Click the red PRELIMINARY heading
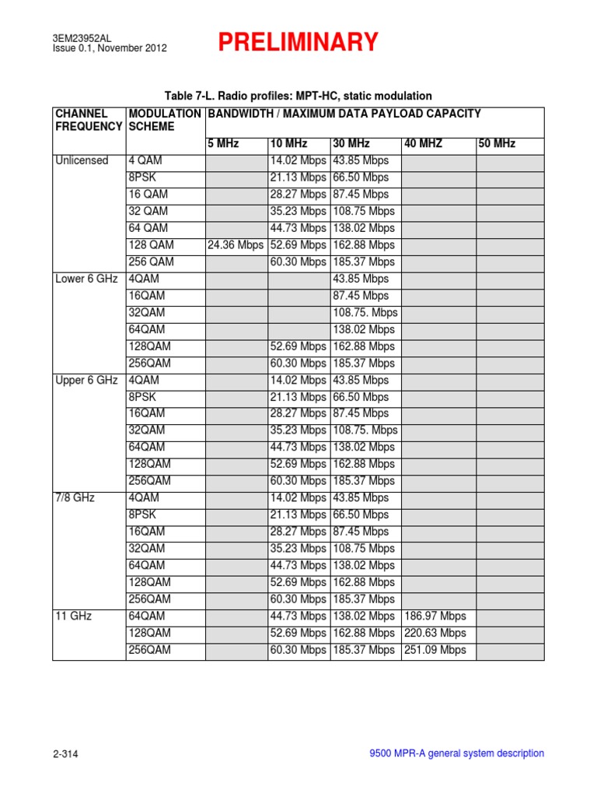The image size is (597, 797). (x=298, y=42)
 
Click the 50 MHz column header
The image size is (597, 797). (x=497, y=144)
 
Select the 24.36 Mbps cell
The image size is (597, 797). (x=236, y=245)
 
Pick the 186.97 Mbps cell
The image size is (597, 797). (x=435, y=616)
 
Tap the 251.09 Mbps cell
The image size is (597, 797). (x=435, y=650)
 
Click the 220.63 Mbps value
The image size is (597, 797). (x=435, y=633)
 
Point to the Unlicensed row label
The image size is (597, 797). (x=82, y=160)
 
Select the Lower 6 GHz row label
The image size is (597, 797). (x=86, y=279)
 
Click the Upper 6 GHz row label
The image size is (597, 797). (x=86, y=380)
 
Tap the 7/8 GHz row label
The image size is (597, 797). (x=75, y=497)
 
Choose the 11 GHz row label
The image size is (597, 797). (x=73, y=616)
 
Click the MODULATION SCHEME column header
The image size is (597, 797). (x=164, y=120)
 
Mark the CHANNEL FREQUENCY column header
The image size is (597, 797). (x=88, y=120)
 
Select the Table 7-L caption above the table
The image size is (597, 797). (x=298, y=96)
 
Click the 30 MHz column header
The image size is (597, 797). (x=352, y=144)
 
